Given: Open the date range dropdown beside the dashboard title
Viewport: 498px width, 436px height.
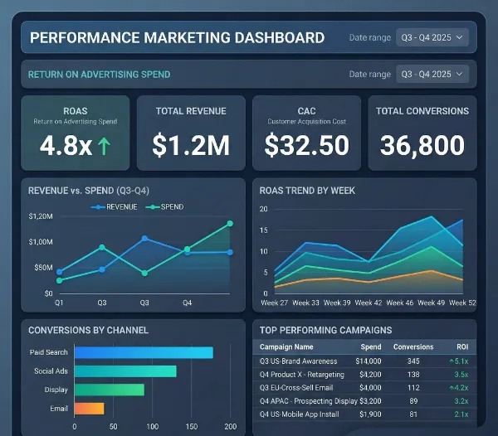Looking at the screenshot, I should [x=432, y=37].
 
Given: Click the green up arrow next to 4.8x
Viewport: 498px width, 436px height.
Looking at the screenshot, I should [x=105, y=146].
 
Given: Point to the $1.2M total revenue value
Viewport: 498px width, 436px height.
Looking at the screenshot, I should [x=191, y=146].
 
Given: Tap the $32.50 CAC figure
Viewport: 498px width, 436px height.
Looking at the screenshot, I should [x=306, y=146].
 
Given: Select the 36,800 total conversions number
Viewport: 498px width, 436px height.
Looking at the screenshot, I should [x=422, y=146].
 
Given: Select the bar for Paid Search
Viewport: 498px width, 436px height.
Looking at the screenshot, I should [x=143, y=352].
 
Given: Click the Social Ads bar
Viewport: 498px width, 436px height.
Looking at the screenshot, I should [x=124, y=371].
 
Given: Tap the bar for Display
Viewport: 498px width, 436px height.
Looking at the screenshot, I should [x=109, y=390].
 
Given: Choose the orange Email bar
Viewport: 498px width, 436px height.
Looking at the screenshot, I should [x=89, y=408].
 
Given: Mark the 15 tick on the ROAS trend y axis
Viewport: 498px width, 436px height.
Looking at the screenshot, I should [x=263, y=230].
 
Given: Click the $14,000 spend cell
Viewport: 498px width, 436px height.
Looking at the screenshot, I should [x=367, y=361].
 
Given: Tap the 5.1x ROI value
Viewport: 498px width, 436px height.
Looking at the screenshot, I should [x=461, y=361].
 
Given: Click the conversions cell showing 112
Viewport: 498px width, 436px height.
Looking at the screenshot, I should [x=413, y=388].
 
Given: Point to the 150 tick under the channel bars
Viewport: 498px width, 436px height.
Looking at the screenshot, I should [x=192, y=427].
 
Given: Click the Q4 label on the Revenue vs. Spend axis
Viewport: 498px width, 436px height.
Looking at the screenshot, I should [x=188, y=303].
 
